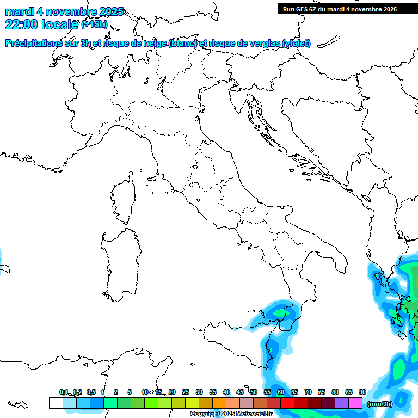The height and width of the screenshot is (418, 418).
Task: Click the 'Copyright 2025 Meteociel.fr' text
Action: (x=231, y=414)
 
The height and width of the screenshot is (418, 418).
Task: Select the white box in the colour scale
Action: (x=56, y=403)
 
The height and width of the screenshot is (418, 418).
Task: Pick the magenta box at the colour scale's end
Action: (x=355, y=403)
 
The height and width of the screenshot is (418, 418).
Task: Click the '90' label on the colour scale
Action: (x=362, y=392)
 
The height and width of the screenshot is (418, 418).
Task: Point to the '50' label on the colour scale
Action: (x=254, y=392)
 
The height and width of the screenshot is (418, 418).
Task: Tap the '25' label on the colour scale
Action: (x=186, y=392)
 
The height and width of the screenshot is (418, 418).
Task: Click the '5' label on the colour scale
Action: (x=130, y=392)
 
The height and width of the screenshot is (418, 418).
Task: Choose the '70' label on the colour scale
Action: (x=308, y=392)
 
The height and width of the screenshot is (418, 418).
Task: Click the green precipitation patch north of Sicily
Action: (x=280, y=313)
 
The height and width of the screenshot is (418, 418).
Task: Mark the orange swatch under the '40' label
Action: (x=219, y=403)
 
